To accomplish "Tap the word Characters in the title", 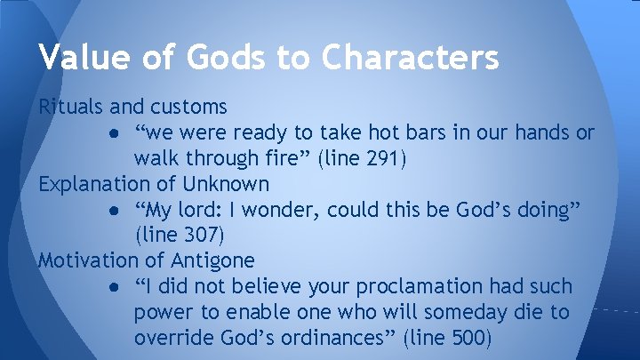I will click(412, 58).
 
